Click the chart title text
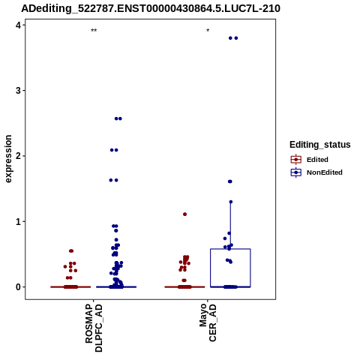point(151,9)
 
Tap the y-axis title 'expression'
point(8,159)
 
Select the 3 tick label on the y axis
point(18,91)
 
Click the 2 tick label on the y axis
point(18,156)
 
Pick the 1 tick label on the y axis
point(18,221)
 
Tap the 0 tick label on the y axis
point(18,287)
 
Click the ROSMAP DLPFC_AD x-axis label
point(94,328)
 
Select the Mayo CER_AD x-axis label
point(208,322)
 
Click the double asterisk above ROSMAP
point(94,31)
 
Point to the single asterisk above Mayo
point(208,31)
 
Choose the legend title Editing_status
point(320,145)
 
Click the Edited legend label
point(317,160)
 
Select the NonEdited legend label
point(325,172)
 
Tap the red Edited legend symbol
point(296,160)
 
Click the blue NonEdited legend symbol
point(296,172)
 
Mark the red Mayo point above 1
point(184,214)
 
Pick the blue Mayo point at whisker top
point(231,202)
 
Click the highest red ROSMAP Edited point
point(71,250)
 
